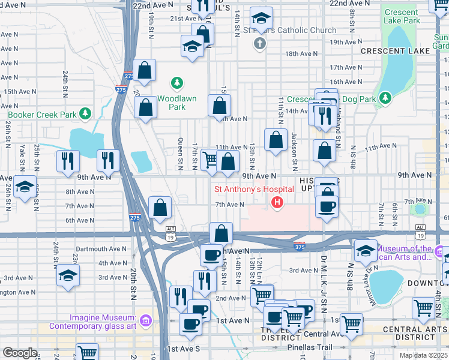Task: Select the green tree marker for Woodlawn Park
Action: [177, 82]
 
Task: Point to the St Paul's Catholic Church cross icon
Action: [259, 43]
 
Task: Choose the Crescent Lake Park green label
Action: [401, 16]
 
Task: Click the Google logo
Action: [20, 353]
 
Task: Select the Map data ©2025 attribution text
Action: [424, 355]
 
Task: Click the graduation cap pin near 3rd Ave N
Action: [68, 275]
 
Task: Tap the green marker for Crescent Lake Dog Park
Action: [385, 97]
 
